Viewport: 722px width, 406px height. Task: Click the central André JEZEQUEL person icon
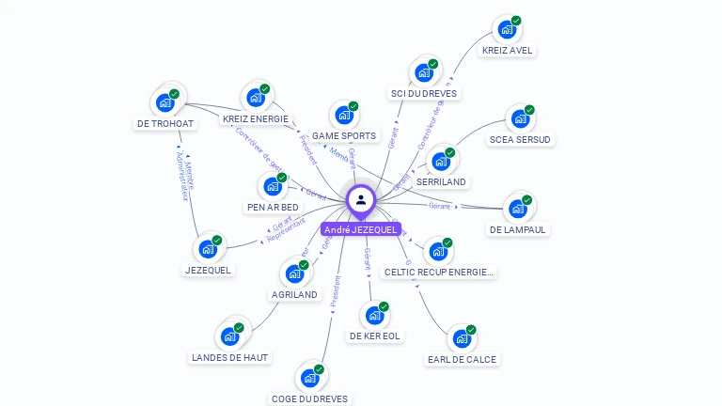tap(361, 199)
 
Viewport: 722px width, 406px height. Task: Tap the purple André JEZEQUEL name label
tap(361, 229)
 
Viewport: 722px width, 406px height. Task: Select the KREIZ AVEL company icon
tap(507, 29)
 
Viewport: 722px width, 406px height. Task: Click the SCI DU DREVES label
tap(424, 93)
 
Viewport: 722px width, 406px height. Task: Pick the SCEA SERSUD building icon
tap(520, 119)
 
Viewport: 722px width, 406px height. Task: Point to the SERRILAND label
tap(441, 181)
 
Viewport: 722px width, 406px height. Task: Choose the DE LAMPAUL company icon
tap(518, 209)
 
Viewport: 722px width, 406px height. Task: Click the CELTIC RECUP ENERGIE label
tap(439, 272)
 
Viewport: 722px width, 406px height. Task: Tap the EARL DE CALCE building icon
tap(461, 339)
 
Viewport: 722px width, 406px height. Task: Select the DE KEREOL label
tap(375, 336)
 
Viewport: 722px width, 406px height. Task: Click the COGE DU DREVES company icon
tap(308, 378)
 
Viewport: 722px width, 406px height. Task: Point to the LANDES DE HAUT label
tap(229, 357)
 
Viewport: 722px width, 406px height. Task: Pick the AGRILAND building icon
tap(294, 274)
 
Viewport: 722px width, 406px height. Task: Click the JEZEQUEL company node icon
tap(208, 250)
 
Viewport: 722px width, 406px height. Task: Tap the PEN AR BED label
tap(273, 207)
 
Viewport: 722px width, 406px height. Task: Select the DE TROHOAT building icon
tap(165, 102)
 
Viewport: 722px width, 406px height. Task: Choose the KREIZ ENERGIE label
tap(255, 119)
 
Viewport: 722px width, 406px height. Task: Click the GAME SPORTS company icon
tap(344, 116)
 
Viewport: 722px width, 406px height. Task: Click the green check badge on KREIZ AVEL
tap(516, 21)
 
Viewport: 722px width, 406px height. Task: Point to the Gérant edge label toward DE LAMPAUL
tap(440, 205)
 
